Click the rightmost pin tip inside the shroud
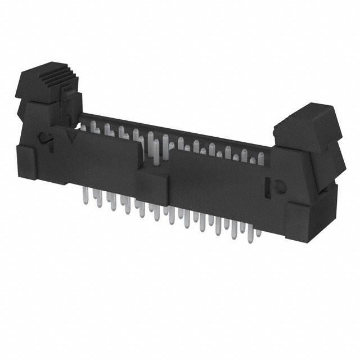260,160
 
